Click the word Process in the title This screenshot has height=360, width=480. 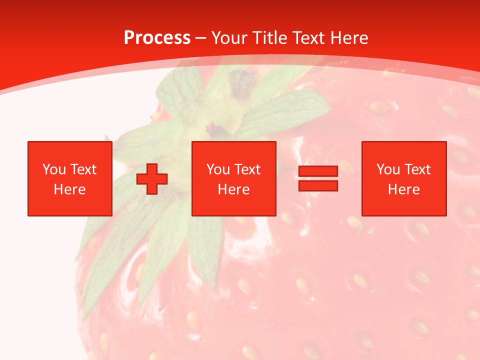point(157,38)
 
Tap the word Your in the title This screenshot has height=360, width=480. point(230,38)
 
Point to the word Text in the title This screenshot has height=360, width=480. point(310,38)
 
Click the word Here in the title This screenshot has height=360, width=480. point(350,38)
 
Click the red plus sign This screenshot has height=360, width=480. point(152,179)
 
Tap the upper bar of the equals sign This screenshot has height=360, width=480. point(318,171)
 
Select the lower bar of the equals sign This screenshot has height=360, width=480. point(318,186)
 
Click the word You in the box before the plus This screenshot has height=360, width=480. point(54,169)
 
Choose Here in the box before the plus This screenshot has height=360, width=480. point(69,189)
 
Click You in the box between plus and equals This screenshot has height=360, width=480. point(218,169)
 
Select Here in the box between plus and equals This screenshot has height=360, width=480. point(233,189)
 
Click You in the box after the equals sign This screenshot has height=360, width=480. point(388,169)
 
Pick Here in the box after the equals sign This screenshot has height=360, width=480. point(403,189)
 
